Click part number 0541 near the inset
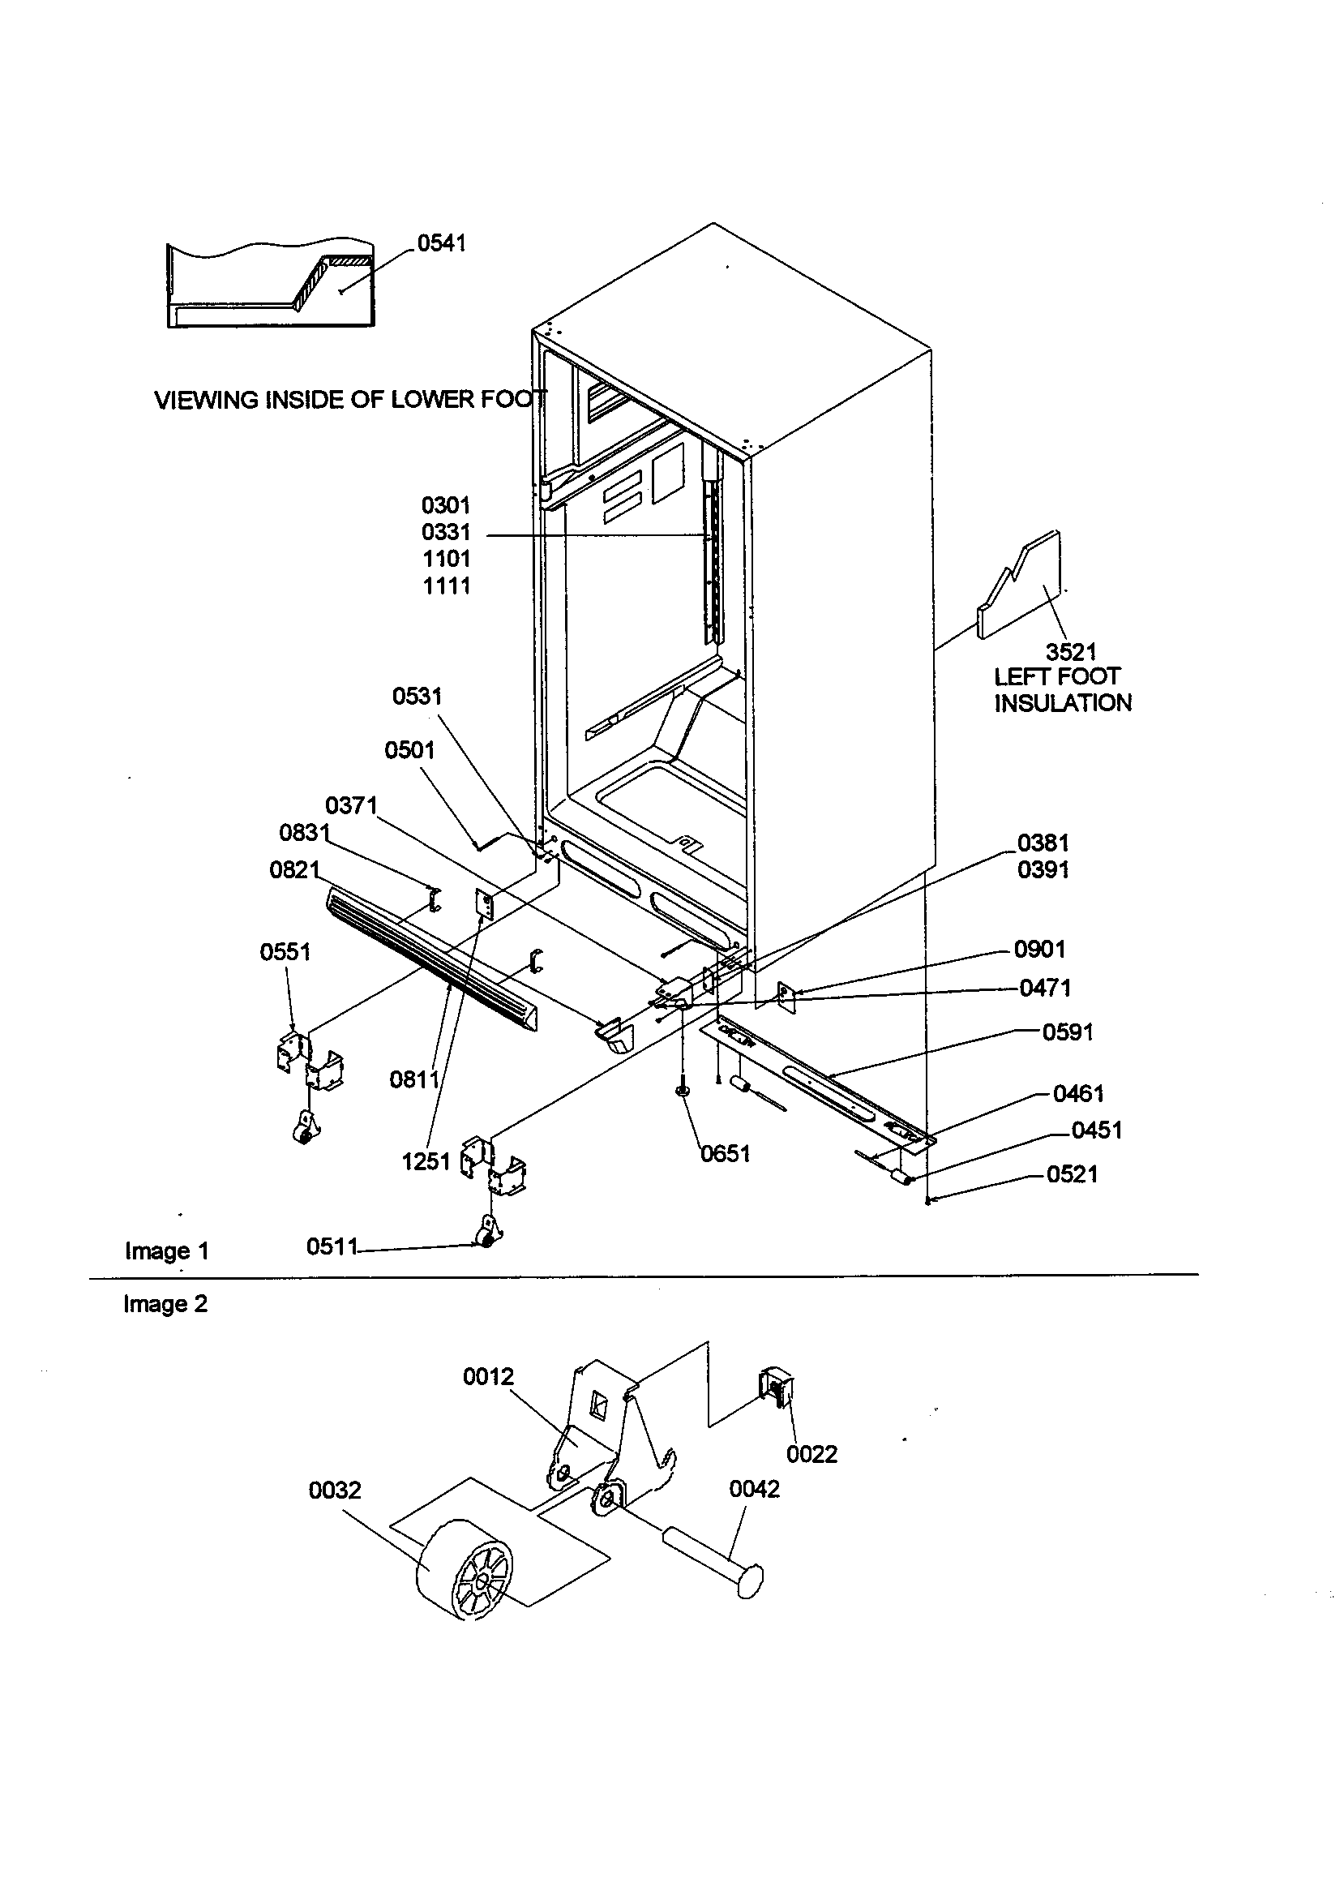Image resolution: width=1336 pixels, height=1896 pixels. (x=441, y=242)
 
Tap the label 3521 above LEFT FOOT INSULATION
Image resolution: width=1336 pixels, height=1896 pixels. (x=1071, y=651)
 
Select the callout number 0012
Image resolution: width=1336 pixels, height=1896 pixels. (x=488, y=1375)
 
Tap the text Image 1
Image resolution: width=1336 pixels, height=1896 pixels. (x=166, y=1251)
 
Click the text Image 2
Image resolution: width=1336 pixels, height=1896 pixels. (x=165, y=1304)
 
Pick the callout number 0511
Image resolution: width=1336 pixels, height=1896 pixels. (x=331, y=1246)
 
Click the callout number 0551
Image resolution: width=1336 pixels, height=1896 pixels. (x=285, y=952)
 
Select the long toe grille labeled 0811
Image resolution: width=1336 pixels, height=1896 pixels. (x=430, y=958)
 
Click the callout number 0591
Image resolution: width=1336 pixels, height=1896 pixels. (x=1068, y=1032)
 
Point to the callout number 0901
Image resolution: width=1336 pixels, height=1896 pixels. (x=1039, y=950)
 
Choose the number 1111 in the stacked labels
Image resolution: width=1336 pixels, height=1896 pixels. (x=446, y=586)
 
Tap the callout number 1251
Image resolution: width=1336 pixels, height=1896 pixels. (x=426, y=1162)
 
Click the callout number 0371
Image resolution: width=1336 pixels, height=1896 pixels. (x=351, y=805)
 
